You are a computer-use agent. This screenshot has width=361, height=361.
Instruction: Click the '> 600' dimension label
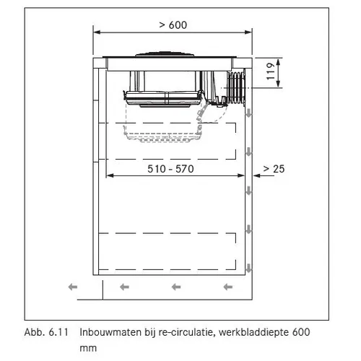tap(173, 25)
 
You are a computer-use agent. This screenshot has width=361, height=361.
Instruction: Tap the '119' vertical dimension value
tap(271, 71)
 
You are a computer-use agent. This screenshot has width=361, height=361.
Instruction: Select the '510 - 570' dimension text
tap(170, 169)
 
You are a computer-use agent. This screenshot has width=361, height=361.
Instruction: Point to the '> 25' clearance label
tap(274, 169)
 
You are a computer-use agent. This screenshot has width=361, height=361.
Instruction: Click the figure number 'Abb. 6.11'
tap(46, 332)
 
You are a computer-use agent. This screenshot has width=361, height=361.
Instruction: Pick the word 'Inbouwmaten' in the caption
tap(110, 332)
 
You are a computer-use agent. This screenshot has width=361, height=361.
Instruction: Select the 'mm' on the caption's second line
tap(88, 349)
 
